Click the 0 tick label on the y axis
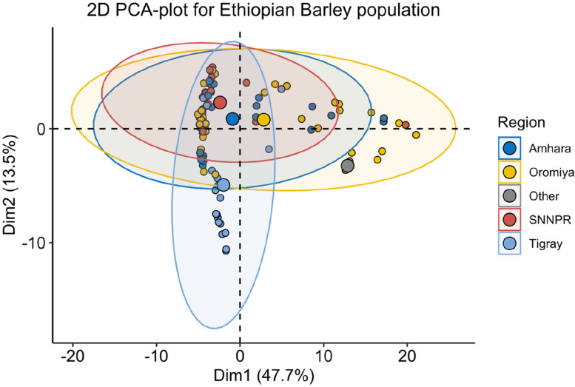pos(41,129)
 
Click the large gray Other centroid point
pos(348,166)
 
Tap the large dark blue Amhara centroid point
pos(232,118)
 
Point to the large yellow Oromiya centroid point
pos(263,120)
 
